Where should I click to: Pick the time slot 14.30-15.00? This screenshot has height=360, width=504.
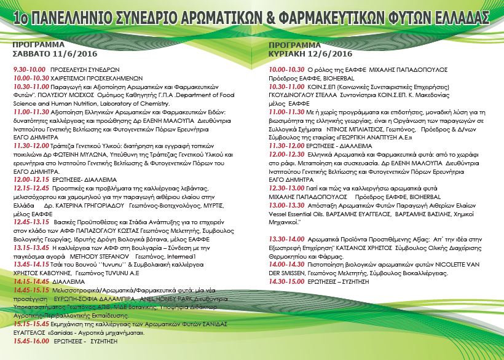285,281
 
